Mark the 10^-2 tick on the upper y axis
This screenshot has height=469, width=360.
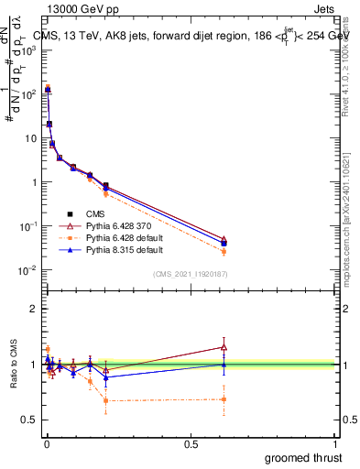coord(30,270)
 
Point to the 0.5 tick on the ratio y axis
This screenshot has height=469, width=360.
coord(30,420)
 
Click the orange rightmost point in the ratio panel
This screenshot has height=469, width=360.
coord(224,398)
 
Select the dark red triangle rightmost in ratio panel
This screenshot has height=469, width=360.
coord(224,346)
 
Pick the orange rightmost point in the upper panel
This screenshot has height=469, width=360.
coord(224,251)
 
